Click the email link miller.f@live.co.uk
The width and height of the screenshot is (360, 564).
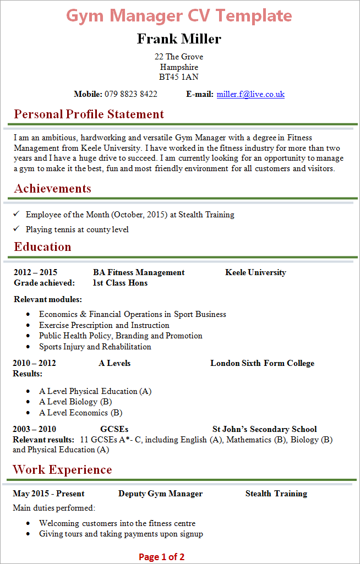(x=250, y=94)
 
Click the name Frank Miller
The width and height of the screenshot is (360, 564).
(x=179, y=39)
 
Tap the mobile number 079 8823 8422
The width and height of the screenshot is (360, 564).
(x=131, y=94)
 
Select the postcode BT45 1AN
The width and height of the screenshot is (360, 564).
(x=179, y=77)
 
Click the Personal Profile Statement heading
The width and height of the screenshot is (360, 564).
(x=89, y=114)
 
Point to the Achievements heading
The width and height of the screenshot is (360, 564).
(x=53, y=189)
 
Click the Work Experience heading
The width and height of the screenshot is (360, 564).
(x=62, y=469)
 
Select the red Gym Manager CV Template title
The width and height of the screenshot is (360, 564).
(x=179, y=15)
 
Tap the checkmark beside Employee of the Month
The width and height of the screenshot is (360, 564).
(x=17, y=214)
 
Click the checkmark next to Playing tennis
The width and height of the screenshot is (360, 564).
(x=17, y=229)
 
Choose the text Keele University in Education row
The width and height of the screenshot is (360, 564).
(x=255, y=272)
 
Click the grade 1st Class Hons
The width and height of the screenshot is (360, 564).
(x=120, y=283)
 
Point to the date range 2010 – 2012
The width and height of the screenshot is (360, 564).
(x=35, y=363)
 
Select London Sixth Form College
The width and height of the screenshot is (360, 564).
(x=262, y=363)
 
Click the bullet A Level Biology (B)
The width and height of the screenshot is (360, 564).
(x=75, y=402)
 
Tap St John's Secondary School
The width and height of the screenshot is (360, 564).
(x=264, y=429)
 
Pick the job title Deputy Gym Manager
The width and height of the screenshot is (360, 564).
(x=160, y=494)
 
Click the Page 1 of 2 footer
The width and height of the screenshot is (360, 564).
(x=162, y=557)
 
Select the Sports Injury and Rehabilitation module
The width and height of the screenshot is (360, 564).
(x=95, y=347)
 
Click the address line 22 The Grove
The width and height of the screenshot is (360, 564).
(x=179, y=57)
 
